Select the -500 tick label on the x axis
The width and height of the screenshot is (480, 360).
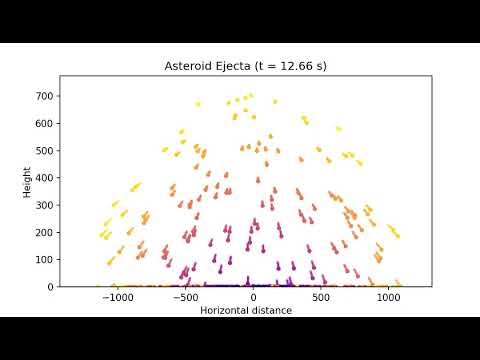(x=185, y=297)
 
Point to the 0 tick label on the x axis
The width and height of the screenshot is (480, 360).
(x=253, y=297)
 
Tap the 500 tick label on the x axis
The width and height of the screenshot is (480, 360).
(x=321, y=297)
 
